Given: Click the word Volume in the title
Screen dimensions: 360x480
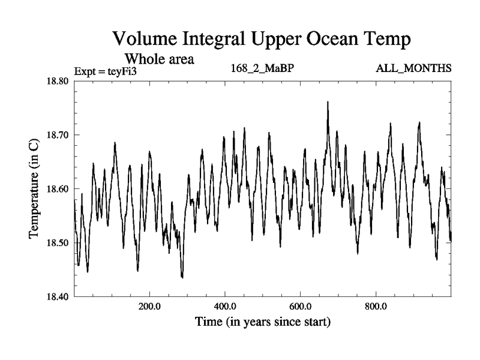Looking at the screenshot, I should tap(146, 41).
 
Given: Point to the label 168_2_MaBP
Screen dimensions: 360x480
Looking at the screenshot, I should tap(262, 68).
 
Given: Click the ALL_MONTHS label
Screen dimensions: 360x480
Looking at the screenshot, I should tap(413, 68).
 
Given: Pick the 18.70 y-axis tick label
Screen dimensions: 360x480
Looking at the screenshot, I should tap(59, 135).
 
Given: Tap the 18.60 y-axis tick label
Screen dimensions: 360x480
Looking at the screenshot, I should tap(59, 189).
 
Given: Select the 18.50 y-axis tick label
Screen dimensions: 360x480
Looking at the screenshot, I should tap(59, 243).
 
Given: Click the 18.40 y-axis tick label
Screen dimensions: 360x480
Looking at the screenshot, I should tap(59, 297).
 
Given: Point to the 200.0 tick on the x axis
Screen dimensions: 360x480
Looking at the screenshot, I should tap(149, 306).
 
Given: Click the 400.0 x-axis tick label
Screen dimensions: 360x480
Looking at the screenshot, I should tap(225, 306).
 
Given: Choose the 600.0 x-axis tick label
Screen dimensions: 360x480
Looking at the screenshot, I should tap(301, 306).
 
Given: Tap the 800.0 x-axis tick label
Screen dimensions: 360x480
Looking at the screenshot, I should tap(376, 306).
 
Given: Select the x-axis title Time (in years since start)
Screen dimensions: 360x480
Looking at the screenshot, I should tap(263, 322).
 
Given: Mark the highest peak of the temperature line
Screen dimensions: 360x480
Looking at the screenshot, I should tap(328, 102).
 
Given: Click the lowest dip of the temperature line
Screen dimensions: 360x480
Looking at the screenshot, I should tap(182, 278).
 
